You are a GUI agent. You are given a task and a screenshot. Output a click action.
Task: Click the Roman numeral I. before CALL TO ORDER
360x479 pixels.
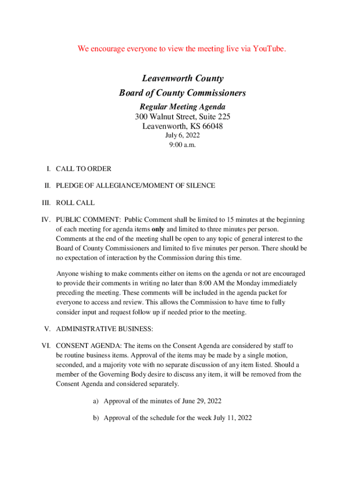(48, 168)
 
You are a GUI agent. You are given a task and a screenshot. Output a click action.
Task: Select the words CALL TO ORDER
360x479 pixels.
(84, 168)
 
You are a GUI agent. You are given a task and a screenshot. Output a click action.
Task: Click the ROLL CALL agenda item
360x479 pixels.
(75, 203)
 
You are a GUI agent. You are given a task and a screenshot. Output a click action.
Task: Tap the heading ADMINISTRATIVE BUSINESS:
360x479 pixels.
(104, 329)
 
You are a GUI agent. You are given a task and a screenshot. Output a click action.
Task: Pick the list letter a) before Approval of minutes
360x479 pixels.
(95, 401)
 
